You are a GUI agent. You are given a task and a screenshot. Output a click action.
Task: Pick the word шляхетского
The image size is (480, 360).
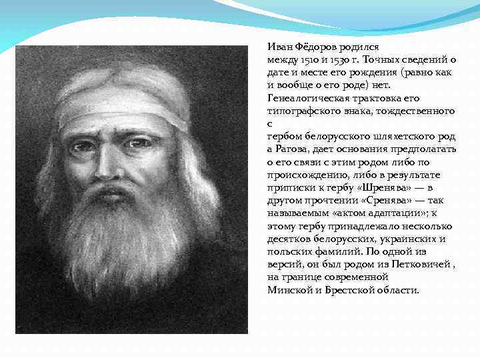point(399,135)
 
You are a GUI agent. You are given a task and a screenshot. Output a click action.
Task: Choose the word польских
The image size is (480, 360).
point(288,252)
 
